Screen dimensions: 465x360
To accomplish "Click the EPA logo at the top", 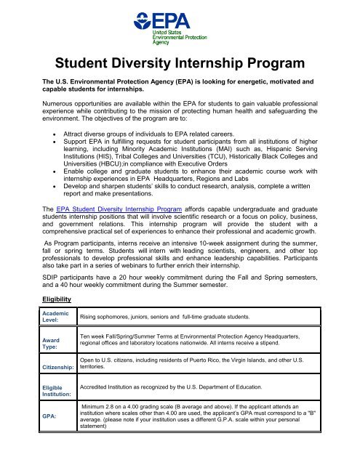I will tap(180, 29).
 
